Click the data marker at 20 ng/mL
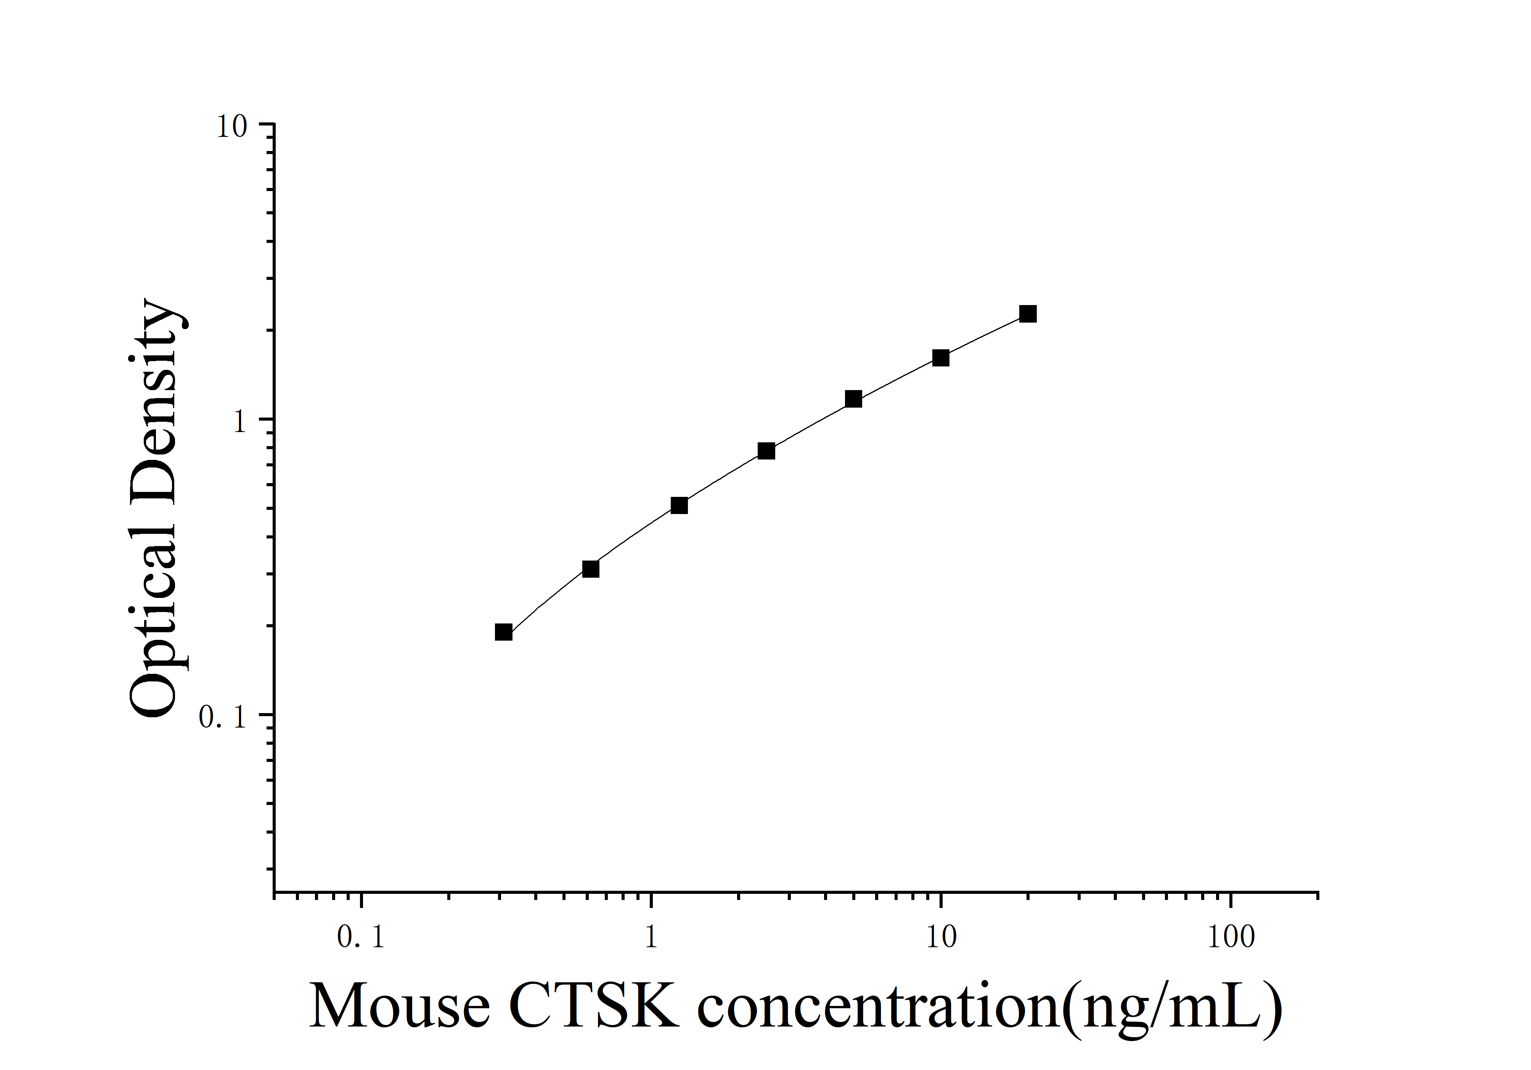pyautogui.click(x=1028, y=314)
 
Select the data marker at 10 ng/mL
pyautogui.click(x=940, y=358)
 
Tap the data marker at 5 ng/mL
pyautogui.click(x=853, y=399)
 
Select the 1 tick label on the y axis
pyautogui.click(x=240, y=421)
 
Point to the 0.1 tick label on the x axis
pyautogui.click(x=361, y=937)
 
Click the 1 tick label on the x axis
pyautogui.click(x=651, y=937)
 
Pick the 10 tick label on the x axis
pyautogui.click(x=941, y=937)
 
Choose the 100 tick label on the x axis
pyautogui.click(x=1231, y=937)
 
